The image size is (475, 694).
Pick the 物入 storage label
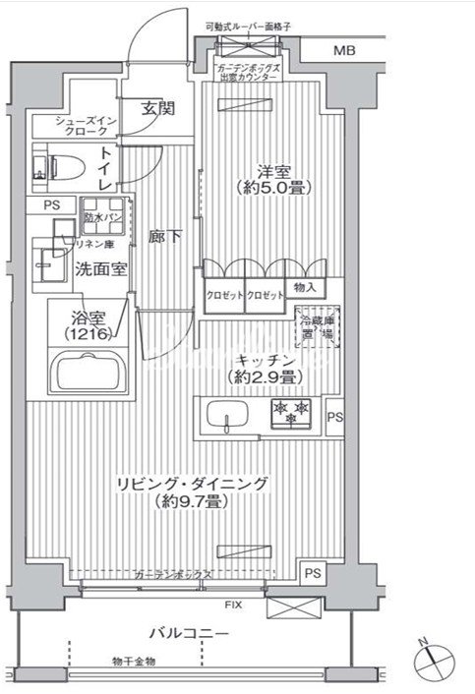pyautogui.click(x=305, y=288)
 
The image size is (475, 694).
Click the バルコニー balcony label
pyautogui.click(x=190, y=632)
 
